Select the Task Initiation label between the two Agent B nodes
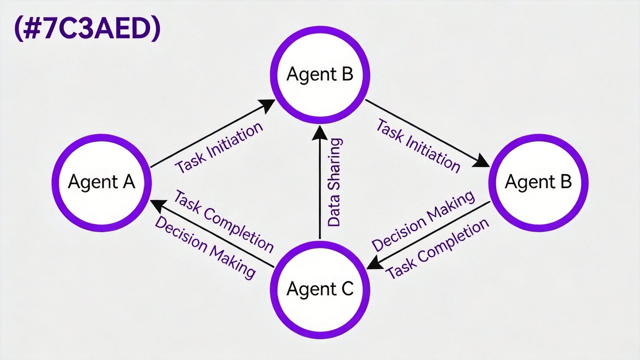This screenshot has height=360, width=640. click(419, 146)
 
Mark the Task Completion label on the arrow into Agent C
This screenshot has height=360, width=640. click(437, 249)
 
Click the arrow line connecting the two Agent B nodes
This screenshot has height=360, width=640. click(428, 133)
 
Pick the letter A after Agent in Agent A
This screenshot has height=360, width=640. click(129, 182)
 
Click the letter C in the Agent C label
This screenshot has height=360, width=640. click(347, 289)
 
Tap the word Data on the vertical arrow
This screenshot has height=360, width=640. click(334, 211)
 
